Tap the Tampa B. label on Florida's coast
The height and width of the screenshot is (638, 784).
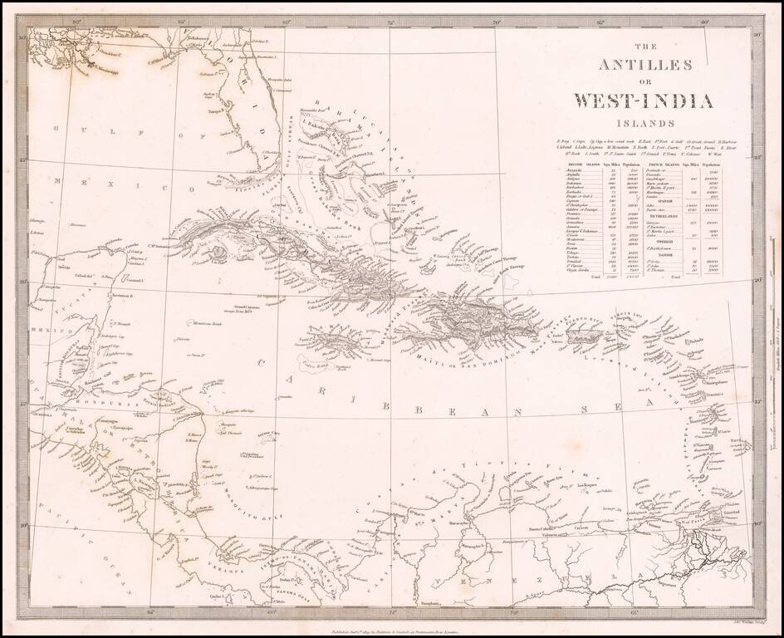(x=218, y=110)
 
